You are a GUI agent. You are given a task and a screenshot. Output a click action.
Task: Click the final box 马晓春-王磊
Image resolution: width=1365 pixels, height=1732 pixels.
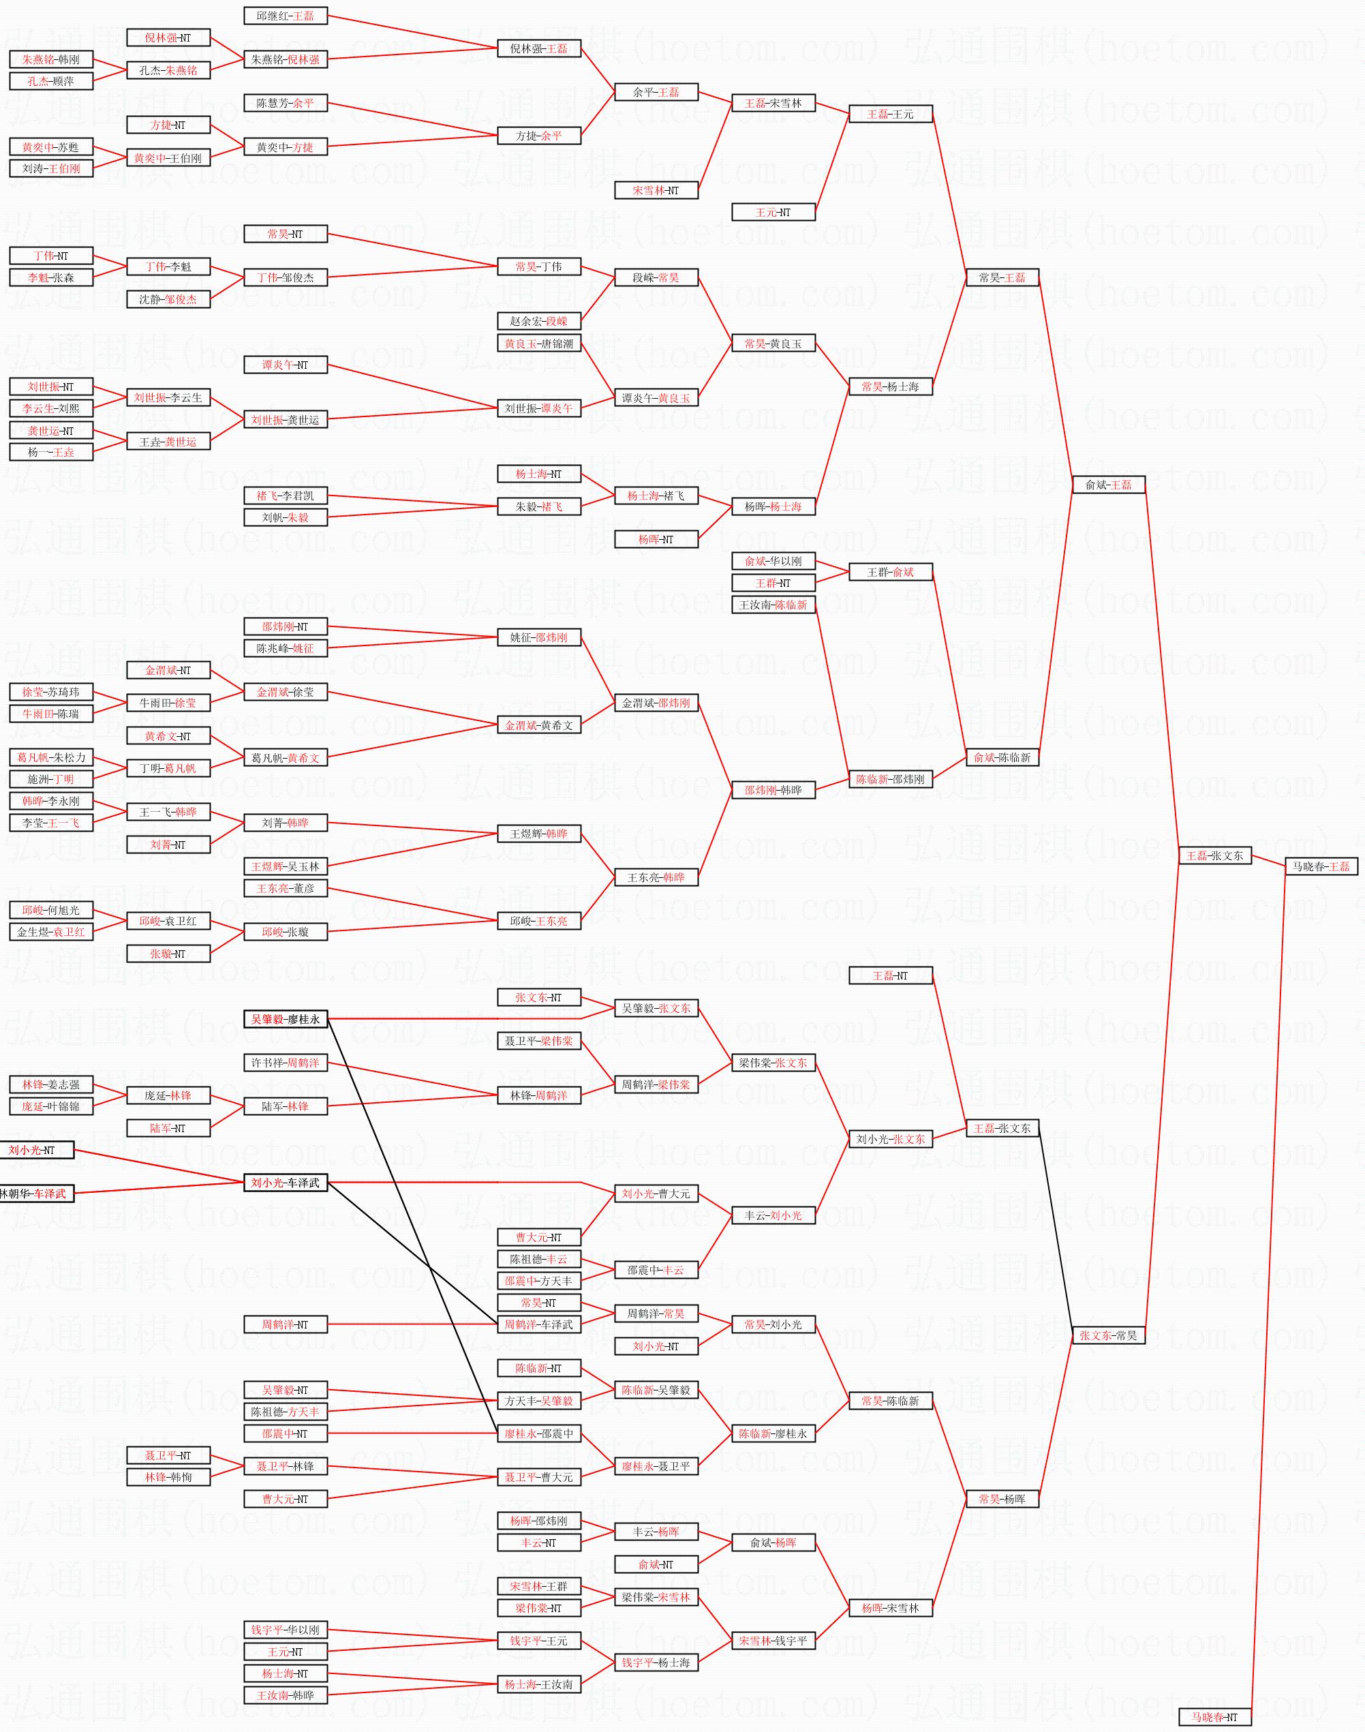coord(1321,866)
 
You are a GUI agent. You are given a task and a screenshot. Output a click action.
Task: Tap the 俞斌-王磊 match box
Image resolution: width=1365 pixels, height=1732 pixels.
coord(1109,485)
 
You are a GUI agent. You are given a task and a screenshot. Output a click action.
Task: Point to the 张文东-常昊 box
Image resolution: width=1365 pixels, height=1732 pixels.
coord(1109,1335)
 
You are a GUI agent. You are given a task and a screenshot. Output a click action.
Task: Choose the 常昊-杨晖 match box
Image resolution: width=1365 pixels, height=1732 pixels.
coord(1002,1500)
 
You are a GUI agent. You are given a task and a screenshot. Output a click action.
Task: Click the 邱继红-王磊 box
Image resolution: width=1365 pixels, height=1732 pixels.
coord(286,16)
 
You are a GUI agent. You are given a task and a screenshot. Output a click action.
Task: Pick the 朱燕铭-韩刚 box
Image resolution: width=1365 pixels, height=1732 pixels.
coord(51,59)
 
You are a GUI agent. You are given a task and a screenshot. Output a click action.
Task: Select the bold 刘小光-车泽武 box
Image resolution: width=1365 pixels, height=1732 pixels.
coord(286,1183)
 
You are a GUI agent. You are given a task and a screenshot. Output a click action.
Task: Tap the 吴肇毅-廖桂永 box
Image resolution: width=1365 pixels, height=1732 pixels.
coord(286,1019)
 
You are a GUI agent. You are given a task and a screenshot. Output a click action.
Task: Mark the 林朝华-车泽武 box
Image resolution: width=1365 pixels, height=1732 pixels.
coord(37,1194)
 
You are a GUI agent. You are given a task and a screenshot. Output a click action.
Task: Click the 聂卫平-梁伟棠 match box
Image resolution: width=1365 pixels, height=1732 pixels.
coord(538,1042)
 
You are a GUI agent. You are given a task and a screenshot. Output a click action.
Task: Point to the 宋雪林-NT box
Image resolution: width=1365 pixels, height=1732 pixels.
coord(656,190)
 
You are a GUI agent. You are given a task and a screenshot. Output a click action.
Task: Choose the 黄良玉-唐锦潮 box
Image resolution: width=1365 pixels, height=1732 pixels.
coord(538,344)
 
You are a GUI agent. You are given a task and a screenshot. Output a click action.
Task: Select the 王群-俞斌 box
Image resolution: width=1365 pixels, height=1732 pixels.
coord(890,573)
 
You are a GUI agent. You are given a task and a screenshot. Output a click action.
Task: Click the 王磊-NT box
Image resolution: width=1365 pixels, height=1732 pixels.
coord(890,976)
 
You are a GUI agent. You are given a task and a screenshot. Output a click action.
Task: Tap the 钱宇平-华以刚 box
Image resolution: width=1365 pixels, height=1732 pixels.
coord(286,1630)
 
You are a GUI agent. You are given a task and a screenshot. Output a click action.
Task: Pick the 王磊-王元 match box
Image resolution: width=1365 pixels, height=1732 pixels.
coord(890,115)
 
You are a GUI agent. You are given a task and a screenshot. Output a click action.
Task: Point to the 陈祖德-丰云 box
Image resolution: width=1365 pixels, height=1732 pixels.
coord(538,1259)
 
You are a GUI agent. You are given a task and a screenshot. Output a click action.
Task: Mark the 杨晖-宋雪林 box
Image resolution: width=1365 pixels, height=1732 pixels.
coord(890,1608)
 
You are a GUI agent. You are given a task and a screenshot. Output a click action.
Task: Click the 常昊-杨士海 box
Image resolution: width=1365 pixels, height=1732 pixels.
coord(890,387)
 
